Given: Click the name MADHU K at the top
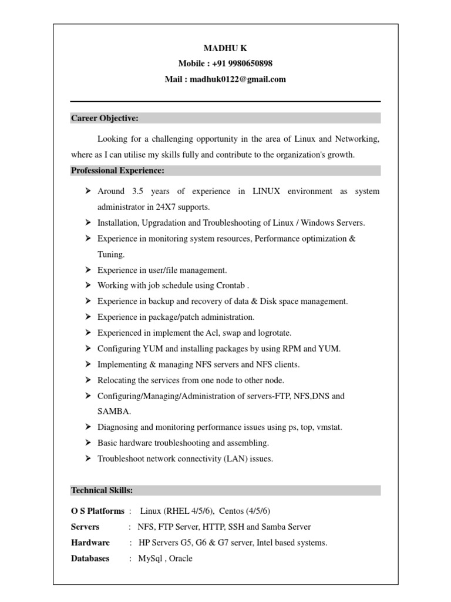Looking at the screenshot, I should point(225,48).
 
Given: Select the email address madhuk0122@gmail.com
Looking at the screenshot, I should point(238,79).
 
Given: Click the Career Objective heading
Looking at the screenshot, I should point(105,118).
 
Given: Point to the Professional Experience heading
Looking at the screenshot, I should point(117,170).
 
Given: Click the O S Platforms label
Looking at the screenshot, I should point(97,511).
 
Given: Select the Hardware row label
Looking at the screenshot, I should point(90,543).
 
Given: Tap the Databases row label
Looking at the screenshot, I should point(90,558).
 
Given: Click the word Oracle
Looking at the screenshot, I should point(179,558).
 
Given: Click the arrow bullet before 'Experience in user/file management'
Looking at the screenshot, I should point(86,270).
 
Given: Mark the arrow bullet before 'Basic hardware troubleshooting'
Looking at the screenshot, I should point(86,443).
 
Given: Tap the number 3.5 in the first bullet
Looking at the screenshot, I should point(138,191).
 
